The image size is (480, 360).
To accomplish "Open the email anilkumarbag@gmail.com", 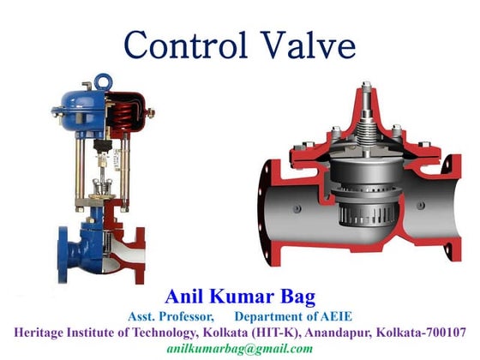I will point(239,348).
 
